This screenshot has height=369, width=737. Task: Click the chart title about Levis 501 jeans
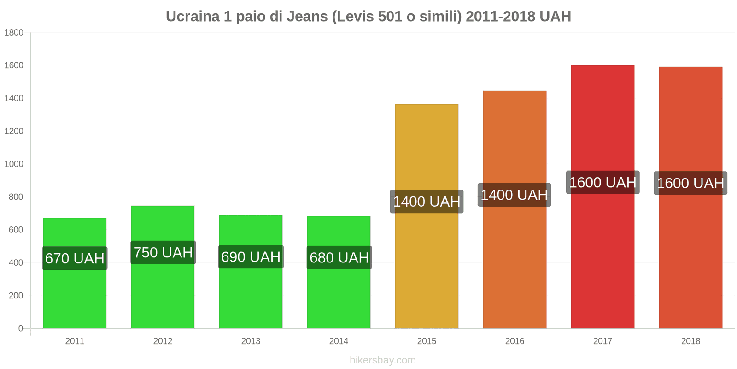(x=368, y=17)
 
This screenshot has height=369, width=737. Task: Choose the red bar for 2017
(x=602, y=258)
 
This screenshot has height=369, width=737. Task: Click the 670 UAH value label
(x=75, y=258)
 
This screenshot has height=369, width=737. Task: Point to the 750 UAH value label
(x=163, y=253)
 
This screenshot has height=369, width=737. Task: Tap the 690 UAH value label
(x=251, y=257)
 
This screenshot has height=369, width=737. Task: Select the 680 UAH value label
(x=339, y=258)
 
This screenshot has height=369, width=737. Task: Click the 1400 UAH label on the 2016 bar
(x=514, y=195)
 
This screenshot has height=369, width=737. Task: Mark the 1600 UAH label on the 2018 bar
(x=690, y=183)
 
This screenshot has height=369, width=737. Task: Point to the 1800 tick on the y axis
(x=14, y=33)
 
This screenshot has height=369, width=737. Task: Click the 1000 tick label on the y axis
(x=14, y=164)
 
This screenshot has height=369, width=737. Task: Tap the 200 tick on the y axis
(x=16, y=296)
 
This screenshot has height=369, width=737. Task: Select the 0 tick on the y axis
(x=20, y=328)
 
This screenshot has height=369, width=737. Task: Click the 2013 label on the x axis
(x=251, y=341)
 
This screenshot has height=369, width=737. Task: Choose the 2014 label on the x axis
(x=339, y=341)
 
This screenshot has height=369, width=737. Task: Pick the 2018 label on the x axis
(x=690, y=341)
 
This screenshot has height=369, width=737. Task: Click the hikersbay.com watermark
(x=382, y=360)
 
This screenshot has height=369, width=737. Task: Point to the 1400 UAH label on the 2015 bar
(x=427, y=202)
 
